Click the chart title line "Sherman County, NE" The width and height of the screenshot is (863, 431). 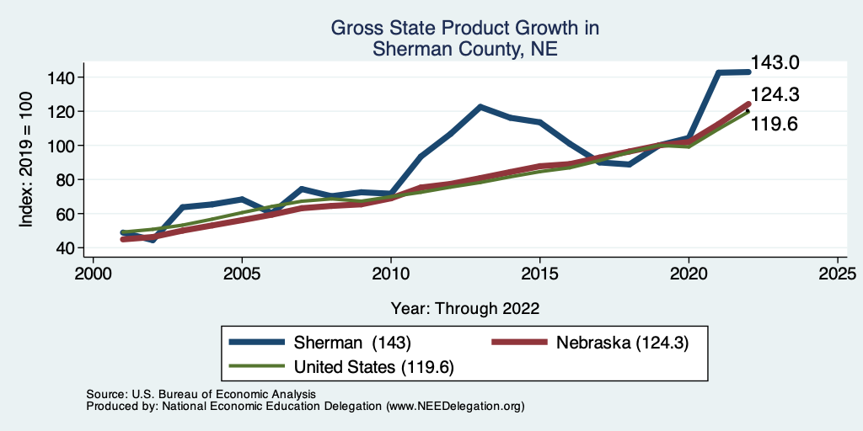tap(464, 50)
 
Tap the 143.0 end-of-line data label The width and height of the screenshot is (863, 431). tap(775, 63)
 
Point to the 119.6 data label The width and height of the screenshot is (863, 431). tap(775, 125)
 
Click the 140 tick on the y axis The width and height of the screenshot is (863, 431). tap(65, 77)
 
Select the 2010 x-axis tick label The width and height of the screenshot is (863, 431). tap(391, 274)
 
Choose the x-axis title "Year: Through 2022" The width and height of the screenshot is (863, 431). tap(465, 307)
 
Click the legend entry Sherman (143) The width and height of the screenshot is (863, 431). tap(351, 343)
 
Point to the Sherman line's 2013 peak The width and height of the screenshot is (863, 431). tap(480, 107)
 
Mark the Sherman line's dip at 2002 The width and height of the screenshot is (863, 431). tap(153, 240)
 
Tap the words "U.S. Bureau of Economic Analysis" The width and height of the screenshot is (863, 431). tap(222, 394)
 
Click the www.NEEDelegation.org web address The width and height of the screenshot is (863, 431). tap(455, 406)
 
